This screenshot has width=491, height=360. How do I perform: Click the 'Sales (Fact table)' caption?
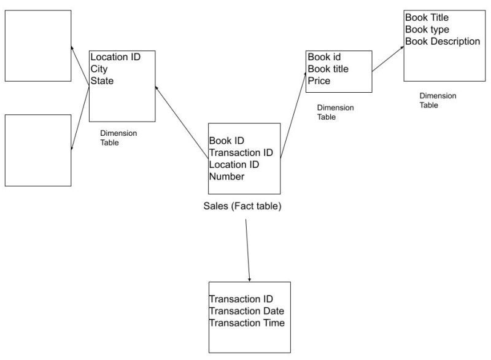[242, 206]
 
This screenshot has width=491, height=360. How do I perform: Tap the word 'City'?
[99, 69]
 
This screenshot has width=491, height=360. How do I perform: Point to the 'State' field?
[102, 80]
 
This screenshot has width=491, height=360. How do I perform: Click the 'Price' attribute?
[319, 80]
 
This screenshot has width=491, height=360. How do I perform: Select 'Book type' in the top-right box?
[427, 29]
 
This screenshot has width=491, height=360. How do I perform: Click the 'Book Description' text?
[443, 41]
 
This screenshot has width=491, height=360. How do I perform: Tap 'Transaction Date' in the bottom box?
[247, 311]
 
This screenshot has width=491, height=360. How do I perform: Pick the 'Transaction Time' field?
[247, 323]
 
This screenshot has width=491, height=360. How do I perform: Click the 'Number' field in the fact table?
[226, 177]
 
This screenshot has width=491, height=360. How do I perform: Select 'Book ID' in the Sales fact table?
[226, 141]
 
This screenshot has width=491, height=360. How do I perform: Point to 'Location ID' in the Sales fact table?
[234, 165]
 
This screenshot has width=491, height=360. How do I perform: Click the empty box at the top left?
[37, 45]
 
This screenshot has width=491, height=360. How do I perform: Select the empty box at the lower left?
[37, 150]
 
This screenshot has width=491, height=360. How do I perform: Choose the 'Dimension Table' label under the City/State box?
[118, 138]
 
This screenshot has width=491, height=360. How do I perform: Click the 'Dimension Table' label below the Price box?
[335, 112]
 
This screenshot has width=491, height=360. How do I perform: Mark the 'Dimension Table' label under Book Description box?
[438, 100]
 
